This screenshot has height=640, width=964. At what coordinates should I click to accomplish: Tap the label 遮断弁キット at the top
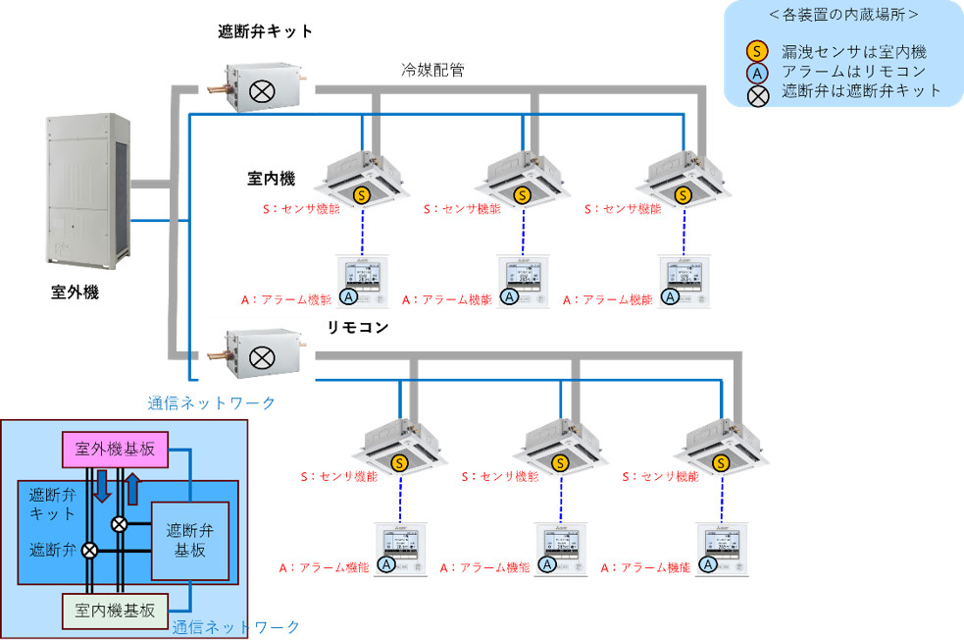265,31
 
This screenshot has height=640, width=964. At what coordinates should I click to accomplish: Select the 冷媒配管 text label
432,70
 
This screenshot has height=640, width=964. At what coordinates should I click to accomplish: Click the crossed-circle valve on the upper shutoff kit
262,92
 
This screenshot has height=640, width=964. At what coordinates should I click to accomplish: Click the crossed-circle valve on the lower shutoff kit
262,356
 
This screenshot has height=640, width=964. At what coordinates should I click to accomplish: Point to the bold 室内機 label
271,179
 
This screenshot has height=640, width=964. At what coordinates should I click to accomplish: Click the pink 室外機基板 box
115,450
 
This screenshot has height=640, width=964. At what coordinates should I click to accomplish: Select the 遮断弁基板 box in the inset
189,540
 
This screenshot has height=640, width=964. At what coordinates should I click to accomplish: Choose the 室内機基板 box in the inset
115,610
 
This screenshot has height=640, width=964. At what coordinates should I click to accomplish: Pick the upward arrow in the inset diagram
133,486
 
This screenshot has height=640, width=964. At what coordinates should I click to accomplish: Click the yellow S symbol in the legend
756,51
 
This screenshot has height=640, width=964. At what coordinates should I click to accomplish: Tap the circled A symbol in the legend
756,72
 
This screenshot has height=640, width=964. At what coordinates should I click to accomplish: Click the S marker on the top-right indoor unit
684,195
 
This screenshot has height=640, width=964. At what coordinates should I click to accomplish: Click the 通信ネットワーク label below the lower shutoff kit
211,402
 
